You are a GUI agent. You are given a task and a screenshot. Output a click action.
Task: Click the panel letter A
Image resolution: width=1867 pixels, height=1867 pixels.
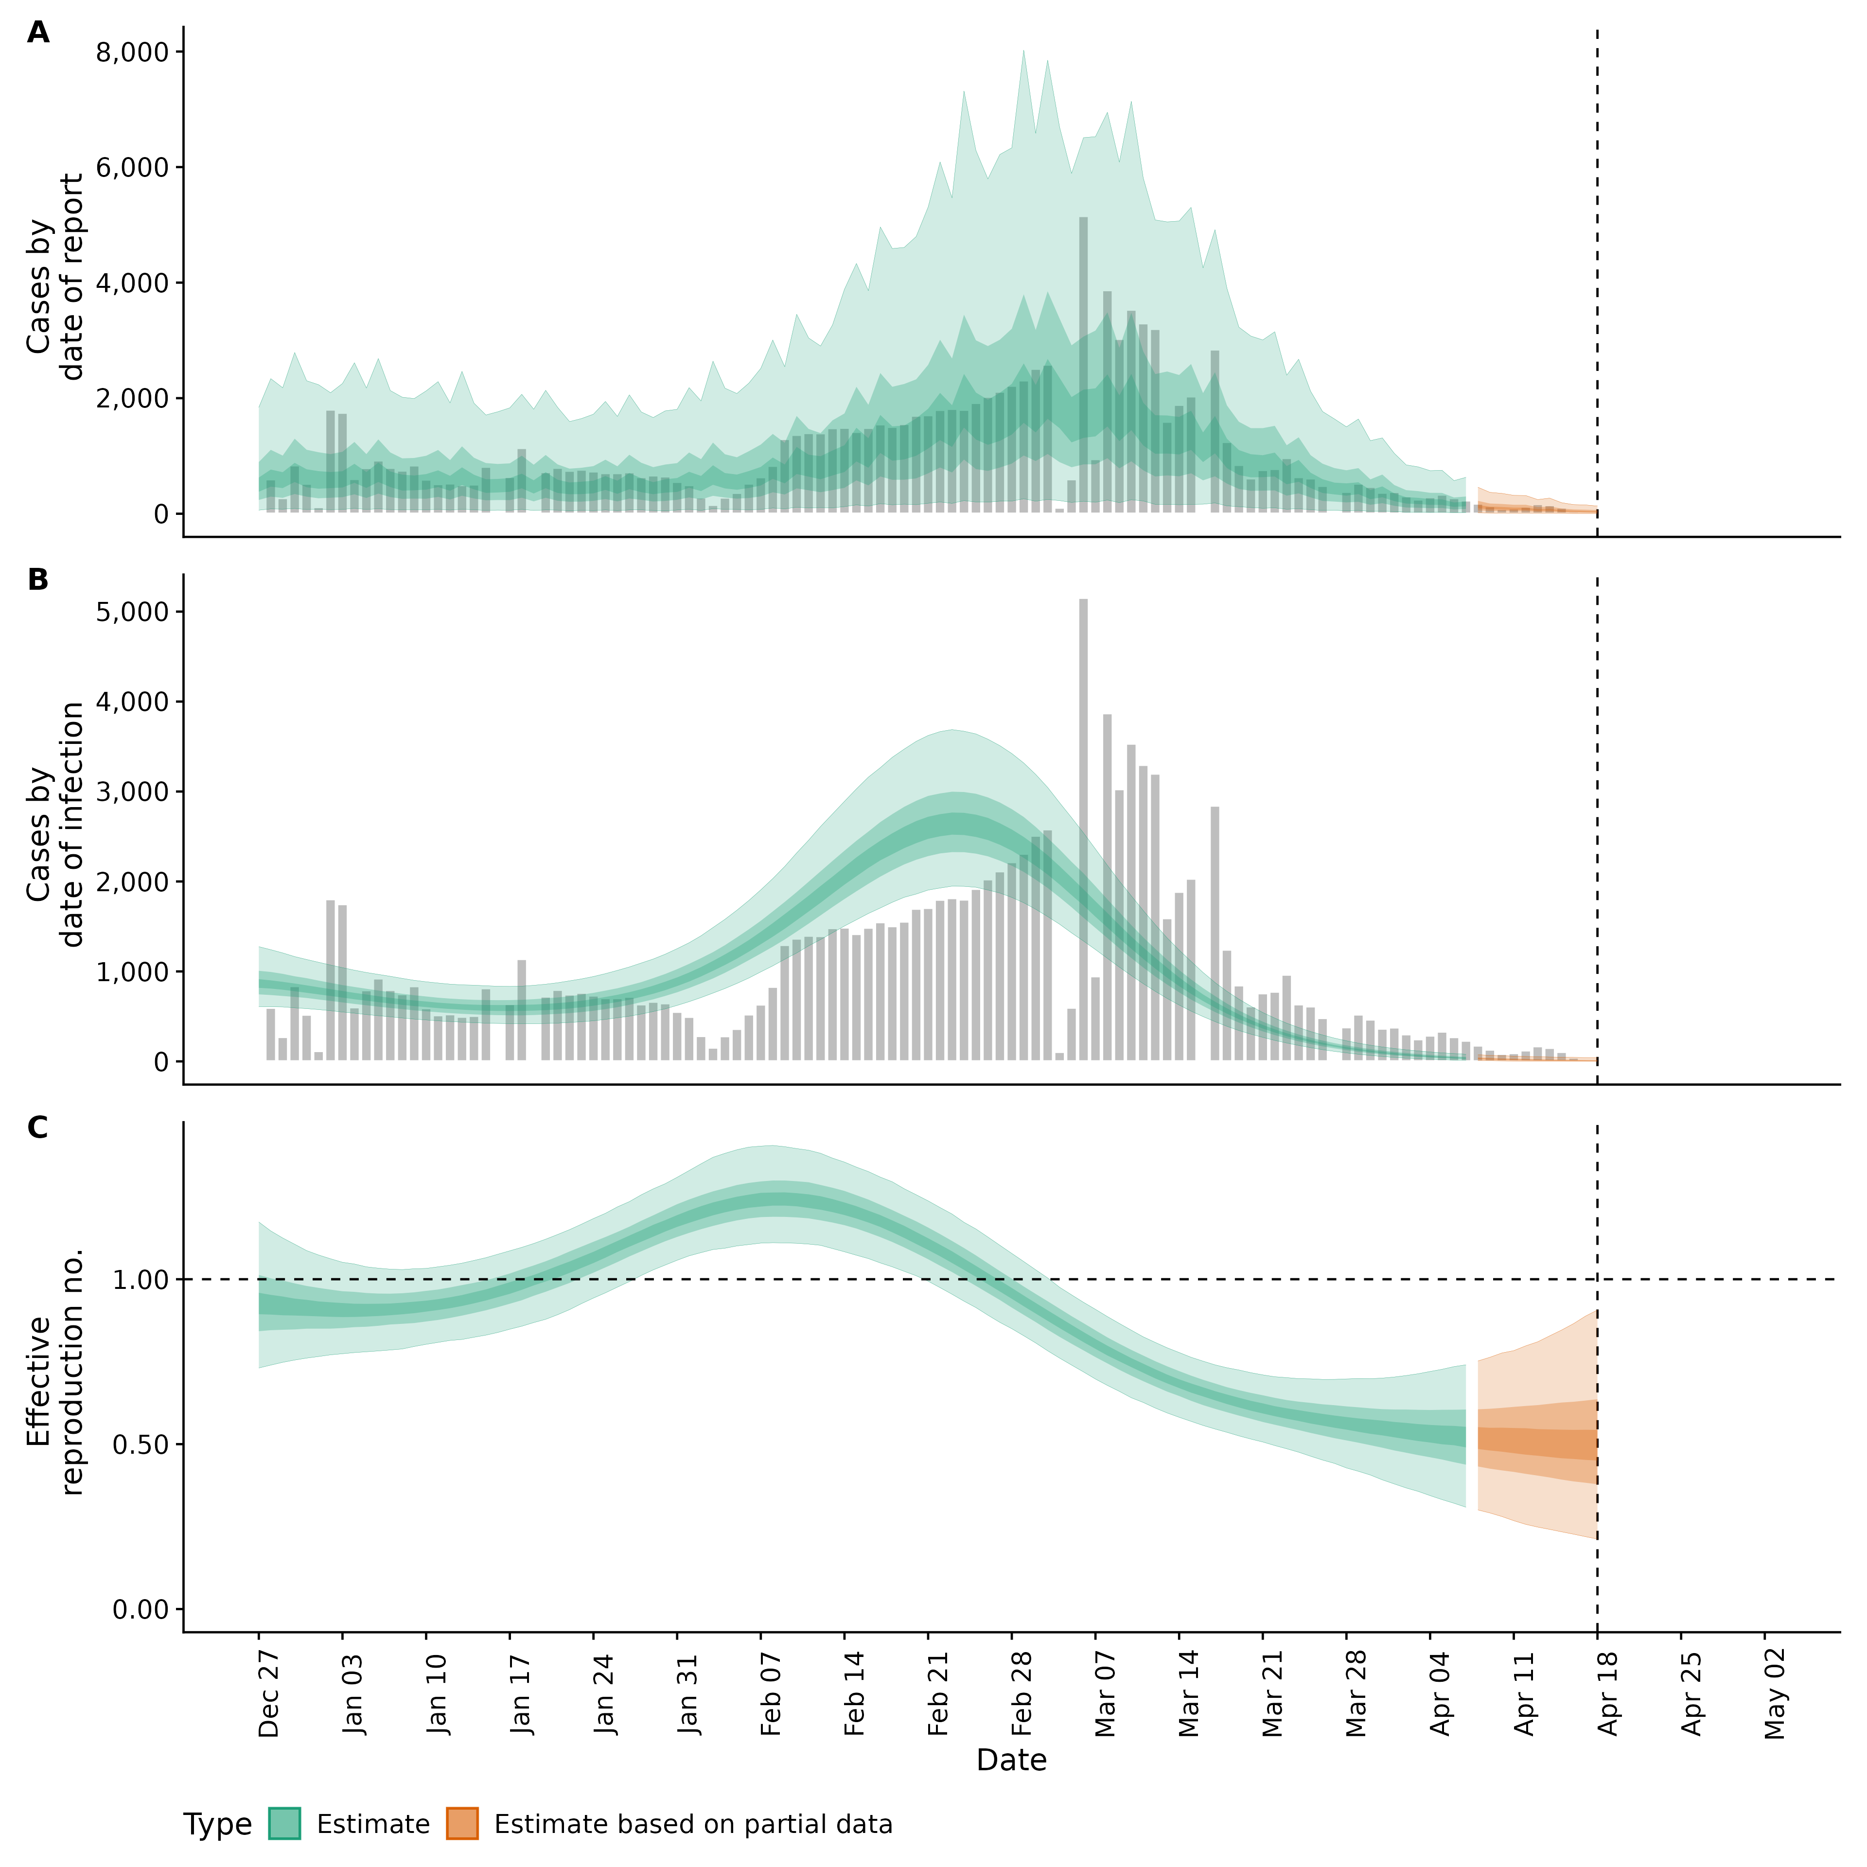click(38, 33)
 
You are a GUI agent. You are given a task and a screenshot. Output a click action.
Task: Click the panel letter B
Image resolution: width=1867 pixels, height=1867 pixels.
click(38, 580)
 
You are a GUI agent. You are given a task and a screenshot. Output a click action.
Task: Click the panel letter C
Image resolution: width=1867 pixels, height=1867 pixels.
click(38, 1128)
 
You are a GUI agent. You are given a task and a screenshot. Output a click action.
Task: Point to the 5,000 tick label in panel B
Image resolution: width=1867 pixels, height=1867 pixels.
click(132, 612)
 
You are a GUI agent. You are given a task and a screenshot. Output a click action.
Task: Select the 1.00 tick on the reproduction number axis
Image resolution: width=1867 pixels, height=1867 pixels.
click(141, 1280)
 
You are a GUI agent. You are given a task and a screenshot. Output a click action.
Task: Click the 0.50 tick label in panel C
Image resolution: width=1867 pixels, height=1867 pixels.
click(141, 1444)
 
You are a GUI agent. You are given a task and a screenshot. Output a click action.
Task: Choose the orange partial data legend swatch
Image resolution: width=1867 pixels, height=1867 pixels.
click(462, 1825)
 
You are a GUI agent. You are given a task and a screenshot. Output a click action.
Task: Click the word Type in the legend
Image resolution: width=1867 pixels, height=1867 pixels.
click(217, 1826)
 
